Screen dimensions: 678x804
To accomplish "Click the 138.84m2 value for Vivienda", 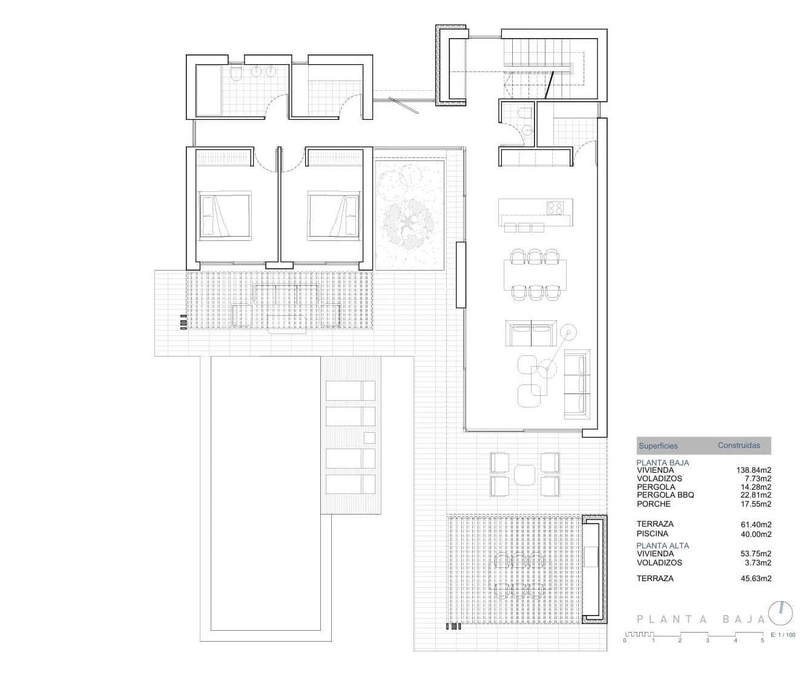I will click(754, 470).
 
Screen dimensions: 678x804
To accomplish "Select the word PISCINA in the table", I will click(653, 534).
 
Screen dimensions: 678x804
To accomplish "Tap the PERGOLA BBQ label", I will click(665, 495).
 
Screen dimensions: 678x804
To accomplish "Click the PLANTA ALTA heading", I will click(662, 545).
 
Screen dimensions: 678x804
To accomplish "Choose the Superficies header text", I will click(658, 446).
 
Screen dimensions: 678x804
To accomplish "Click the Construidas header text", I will click(739, 446).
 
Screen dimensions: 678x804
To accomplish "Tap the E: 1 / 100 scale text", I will click(783, 636).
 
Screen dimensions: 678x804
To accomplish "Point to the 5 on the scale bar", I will click(763, 640).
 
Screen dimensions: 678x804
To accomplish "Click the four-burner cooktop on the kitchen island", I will click(555, 208).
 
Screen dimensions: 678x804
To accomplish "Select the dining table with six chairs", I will click(536, 275).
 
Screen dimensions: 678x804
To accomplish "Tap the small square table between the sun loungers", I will click(369, 438).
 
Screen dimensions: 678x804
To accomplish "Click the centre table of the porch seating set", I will click(525, 474).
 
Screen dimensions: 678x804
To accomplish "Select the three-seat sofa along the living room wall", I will click(577, 384).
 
